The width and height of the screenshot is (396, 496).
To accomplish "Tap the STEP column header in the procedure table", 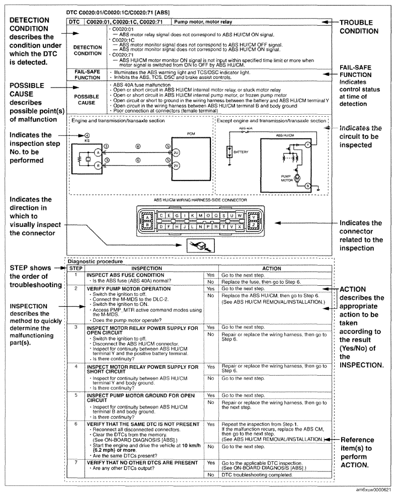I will click(x=74, y=269).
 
